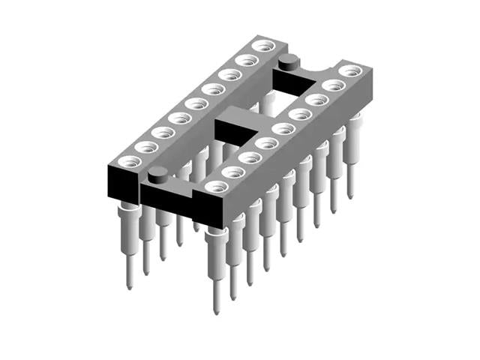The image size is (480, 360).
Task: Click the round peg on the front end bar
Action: pyautogui.click(x=157, y=176)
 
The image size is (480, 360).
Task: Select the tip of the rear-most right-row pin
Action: pyautogui.click(x=349, y=196)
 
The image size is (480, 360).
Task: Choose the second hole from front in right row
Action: pyautogui.click(x=234, y=171)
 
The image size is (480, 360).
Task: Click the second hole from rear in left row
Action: pyautogui.click(x=242, y=60)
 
